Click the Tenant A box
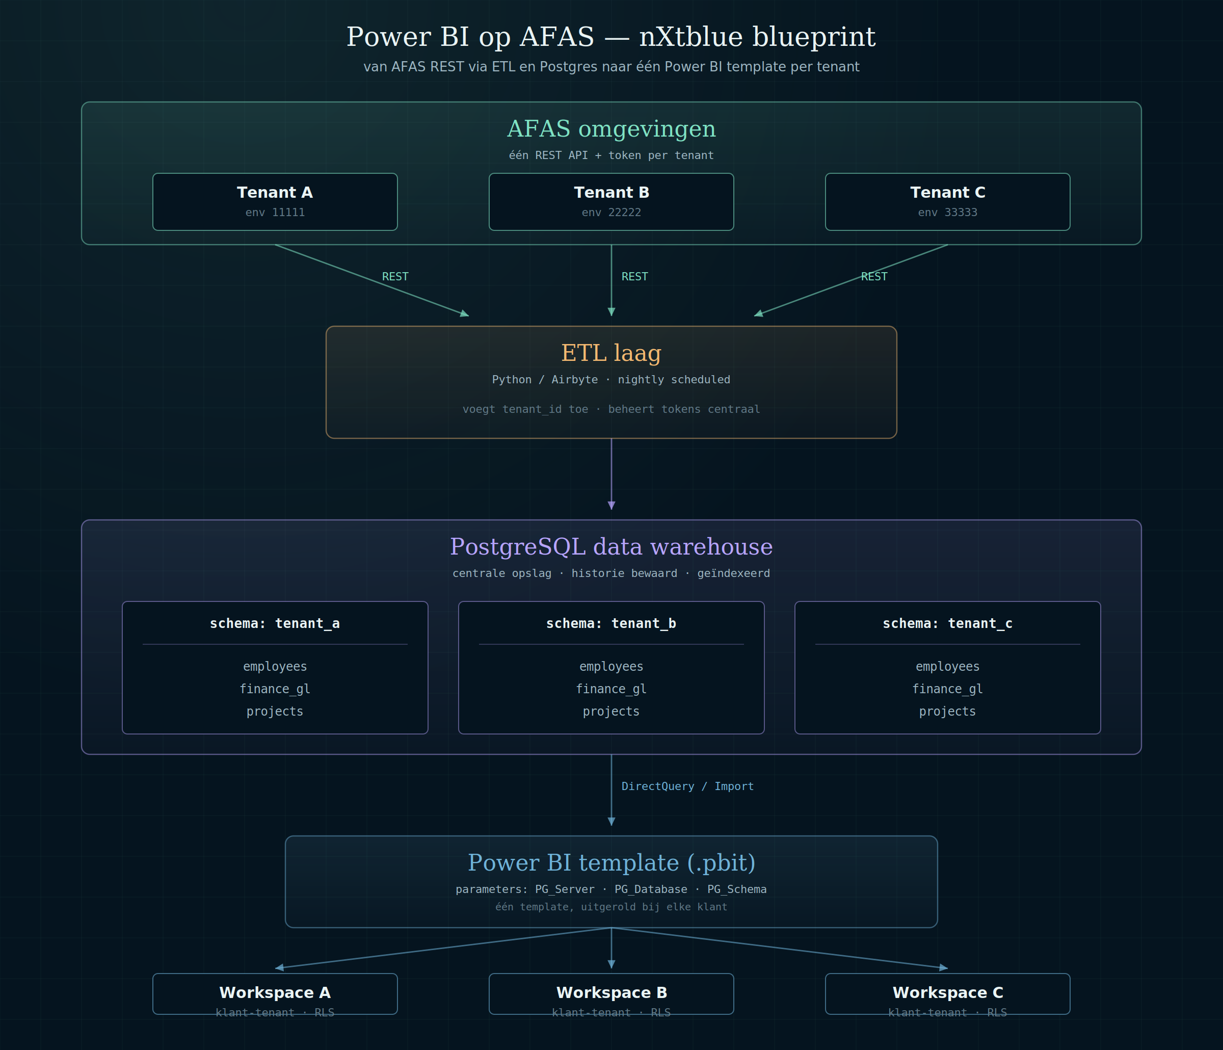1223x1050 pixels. (x=275, y=201)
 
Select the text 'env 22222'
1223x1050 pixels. (x=611, y=213)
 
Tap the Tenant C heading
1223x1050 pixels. (x=947, y=193)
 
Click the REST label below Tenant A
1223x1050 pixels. (x=395, y=276)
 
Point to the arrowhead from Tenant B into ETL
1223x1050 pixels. (x=612, y=312)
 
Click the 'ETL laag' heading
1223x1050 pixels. (x=611, y=353)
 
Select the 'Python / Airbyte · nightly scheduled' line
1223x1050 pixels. (x=611, y=380)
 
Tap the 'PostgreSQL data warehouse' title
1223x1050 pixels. (x=611, y=547)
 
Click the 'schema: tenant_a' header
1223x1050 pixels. (x=275, y=623)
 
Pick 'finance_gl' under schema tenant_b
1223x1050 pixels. (x=611, y=689)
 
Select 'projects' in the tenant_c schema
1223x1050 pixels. (x=947, y=712)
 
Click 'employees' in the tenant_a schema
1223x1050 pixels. (x=275, y=667)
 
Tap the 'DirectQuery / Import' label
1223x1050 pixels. (x=687, y=786)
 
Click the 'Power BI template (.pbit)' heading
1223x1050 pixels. (x=611, y=863)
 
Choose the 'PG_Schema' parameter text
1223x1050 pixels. (x=737, y=889)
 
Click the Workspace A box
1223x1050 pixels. (x=275, y=994)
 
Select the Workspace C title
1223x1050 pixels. (x=947, y=993)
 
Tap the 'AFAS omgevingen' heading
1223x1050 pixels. (x=611, y=129)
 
